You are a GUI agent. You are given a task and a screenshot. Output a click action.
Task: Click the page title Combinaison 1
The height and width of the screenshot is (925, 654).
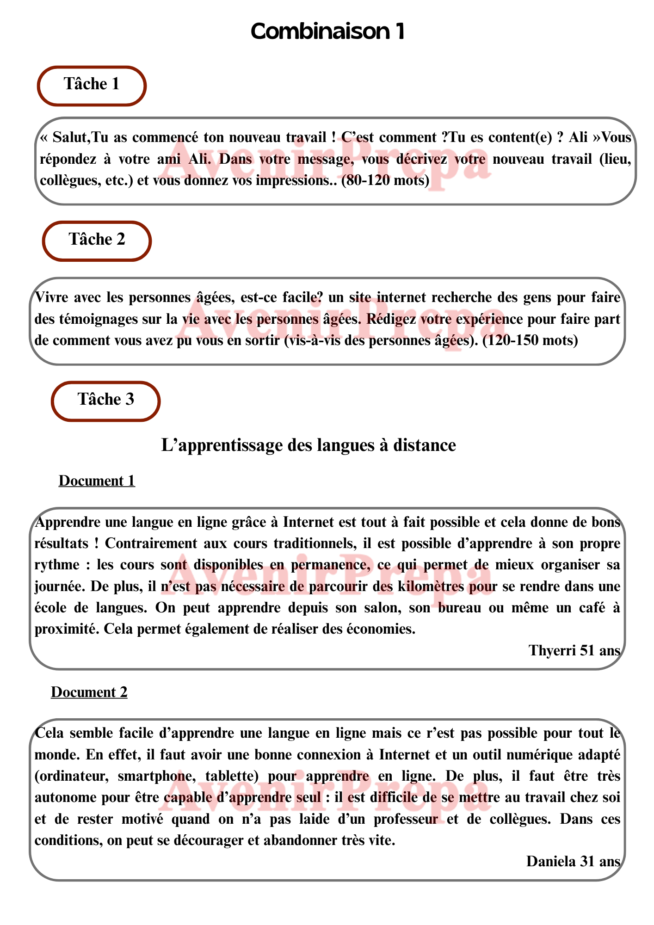[x=327, y=31]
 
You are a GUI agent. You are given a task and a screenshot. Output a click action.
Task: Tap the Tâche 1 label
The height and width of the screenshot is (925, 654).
[x=92, y=84]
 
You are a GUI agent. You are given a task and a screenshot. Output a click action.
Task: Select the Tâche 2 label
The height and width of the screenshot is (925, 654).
[x=97, y=240]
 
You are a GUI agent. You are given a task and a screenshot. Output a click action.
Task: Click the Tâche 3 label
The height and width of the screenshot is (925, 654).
[x=106, y=400]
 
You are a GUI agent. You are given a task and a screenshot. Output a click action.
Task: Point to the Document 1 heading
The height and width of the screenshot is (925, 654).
[x=97, y=481]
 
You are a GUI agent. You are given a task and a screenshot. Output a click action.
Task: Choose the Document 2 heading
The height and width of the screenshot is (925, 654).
[x=89, y=692]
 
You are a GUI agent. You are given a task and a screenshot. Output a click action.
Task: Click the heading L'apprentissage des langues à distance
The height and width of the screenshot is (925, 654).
[x=308, y=445]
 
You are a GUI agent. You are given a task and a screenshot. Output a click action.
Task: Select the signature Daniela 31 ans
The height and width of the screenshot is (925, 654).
[x=573, y=862]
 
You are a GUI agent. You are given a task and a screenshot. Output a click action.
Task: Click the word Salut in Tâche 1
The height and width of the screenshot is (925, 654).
[x=70, y=137]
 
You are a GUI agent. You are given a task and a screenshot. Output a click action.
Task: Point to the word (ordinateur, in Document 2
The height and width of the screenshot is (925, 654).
[x=72, y=776]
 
